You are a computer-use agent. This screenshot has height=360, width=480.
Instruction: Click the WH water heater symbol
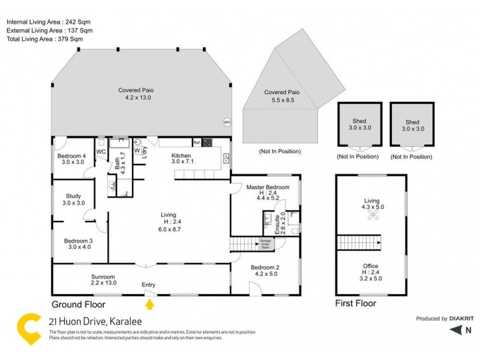(227, 122)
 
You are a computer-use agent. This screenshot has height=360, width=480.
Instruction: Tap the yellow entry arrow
(150, 304)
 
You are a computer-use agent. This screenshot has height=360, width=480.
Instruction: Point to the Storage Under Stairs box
(265, 244)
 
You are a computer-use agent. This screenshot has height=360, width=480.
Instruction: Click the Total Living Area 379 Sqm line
(44, 38)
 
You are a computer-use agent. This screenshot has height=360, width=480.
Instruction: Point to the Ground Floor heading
(79, 304)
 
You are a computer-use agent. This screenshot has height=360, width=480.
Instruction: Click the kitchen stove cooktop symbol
(207, 143)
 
